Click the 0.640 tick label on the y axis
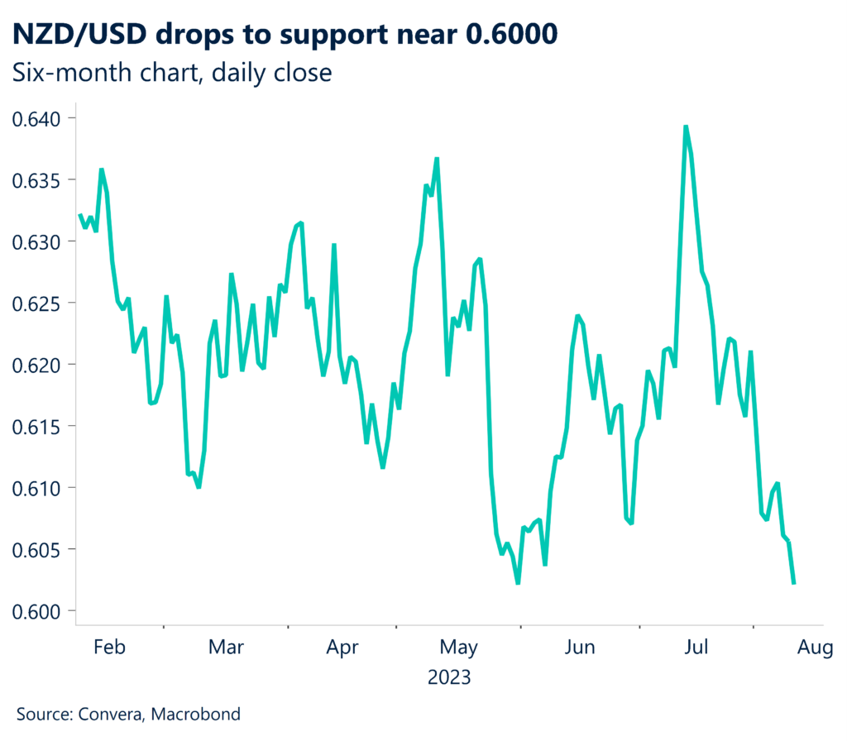tap(38, 118)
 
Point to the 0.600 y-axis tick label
tap(38, 610)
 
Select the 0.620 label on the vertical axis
tap(38, 364)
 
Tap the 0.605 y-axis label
tap(38, 549)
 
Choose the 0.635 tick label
tap(38, 179)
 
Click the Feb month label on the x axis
tap(109, 647)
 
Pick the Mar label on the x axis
tap(226, 647)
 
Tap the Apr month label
tap(342, 647)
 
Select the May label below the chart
tap(458, 647)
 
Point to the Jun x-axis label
tap(580, 647)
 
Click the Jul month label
tap(696, 647)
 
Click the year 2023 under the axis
tap(449, 678)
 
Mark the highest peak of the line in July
tap(686, 127)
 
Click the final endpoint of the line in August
tap(794, 583)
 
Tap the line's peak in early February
tap(101, 170)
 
